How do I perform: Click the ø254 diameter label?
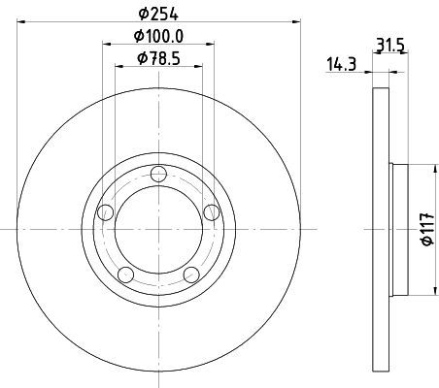tap(158, 14)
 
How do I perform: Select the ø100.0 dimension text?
tap(158, 36)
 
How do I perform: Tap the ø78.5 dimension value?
tap(158, 59)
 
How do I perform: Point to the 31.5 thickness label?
tap(390, 46)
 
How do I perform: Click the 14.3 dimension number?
tap(342, 64)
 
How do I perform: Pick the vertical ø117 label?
tap(427, 229)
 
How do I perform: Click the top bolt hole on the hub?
tap(158, 174)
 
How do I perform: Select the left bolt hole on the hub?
tap(106, 212)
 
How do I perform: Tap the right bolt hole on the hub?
tap(212, 212)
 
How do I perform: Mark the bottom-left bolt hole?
tap(126, 275)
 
